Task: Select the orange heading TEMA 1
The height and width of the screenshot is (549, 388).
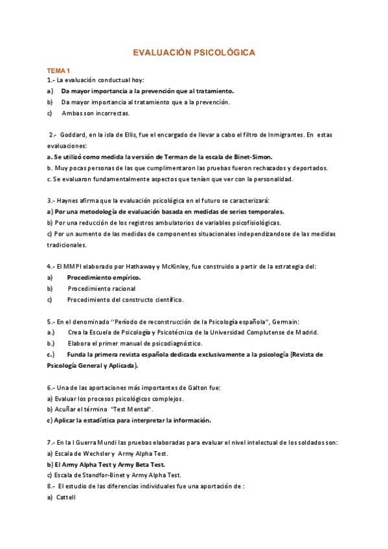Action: [x=59, y=69]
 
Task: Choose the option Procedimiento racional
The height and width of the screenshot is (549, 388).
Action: [x=102, y=288]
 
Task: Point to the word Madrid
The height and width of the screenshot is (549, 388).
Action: [x=306, y=333]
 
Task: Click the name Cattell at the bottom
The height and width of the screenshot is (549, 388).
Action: [x=66, y=498]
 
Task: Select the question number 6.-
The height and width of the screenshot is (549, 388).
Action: [x=52, y=388]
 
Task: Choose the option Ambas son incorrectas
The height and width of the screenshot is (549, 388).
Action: [x=96, y=113]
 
